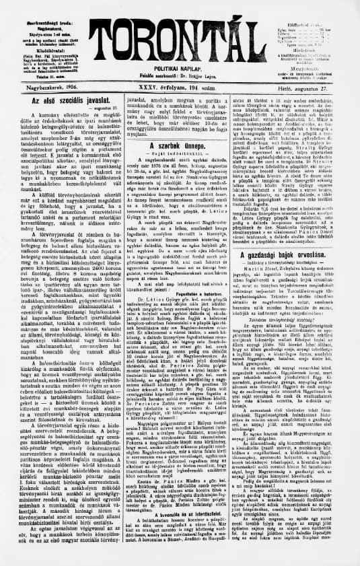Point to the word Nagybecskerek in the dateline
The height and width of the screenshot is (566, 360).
coord(40,88)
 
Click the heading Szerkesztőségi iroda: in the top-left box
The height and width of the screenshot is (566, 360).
coord(41,11)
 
